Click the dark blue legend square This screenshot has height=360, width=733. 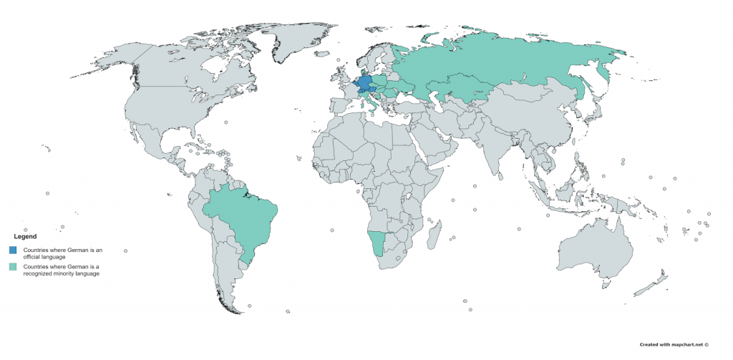(12, 250)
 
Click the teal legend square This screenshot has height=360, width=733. (12, 267)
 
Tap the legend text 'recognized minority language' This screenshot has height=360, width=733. (62, 273)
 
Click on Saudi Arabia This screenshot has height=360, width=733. (437, 143)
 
